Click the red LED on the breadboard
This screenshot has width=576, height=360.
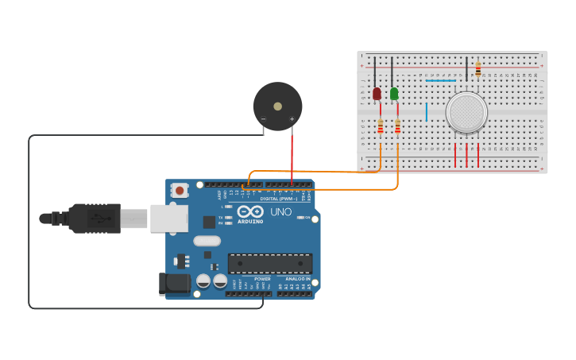[x=377, y=94]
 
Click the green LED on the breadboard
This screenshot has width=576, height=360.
[x=394, y=94]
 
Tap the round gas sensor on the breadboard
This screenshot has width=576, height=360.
[x=466, y=112]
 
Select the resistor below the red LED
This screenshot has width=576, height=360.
[x=380, y=126]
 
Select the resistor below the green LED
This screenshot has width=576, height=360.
[x=397, y=126]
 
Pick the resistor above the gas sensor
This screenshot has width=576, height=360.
[x=477, y=69]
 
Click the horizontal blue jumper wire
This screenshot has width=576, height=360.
[x=441, y=80]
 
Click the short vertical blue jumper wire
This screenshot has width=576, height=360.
[x=427, y=112]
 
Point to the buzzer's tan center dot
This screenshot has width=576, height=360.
[x=277, y=106]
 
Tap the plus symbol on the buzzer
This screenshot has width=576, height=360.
[x=292, y=119]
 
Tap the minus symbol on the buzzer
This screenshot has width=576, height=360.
[x=263, y=119]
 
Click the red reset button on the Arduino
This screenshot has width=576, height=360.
[x=180, y=191]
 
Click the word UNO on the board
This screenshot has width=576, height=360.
[x=281, y=212]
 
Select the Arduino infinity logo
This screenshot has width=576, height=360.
[x=249, y=212]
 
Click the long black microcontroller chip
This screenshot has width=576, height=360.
[x=270, y=263]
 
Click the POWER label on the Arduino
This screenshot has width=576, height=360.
[x=262, y=279]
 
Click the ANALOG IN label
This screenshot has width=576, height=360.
[x=298, y=279]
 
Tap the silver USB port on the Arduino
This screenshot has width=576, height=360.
[x=168, y=218]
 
